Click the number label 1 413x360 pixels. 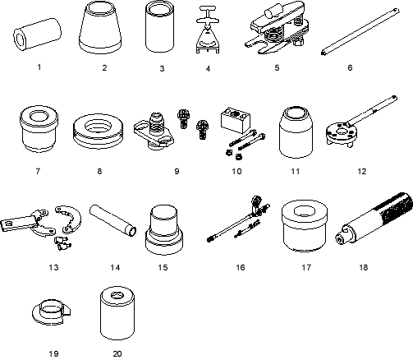[39, 67]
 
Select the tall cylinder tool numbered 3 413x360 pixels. [159, 26]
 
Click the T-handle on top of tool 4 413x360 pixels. [208, 13]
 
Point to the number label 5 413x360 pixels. [277, 67]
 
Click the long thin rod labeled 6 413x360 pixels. [360, 31]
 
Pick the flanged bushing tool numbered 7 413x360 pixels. [39, 128]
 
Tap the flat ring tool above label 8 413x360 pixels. [98, 131]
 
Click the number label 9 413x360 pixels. [177, 171]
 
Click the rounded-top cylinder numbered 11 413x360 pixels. [296, 132]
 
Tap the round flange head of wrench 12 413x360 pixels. [342, 133]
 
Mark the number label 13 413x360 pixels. [53, 267]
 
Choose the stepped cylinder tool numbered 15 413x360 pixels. [164, 229]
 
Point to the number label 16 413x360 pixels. [241, 267]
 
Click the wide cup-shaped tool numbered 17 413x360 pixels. [305, 226]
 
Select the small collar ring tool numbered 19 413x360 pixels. [51, 312]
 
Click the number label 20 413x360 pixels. [117, 353]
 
